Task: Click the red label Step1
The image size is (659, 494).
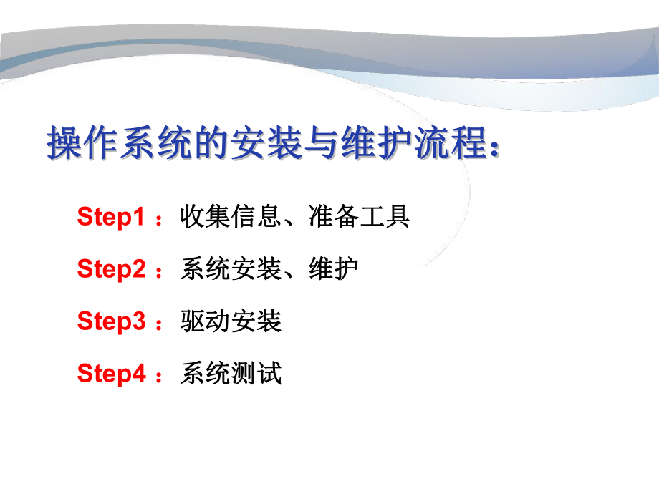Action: pos(111,217)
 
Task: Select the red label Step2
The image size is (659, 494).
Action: pos(111,269)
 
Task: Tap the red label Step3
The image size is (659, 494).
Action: pos(111,321)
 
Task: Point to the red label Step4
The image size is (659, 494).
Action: pos(111,374)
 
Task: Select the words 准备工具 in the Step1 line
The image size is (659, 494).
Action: pos(360,216)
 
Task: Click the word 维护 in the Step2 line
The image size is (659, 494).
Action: pos(334,268)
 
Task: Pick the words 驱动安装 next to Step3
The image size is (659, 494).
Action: pos(231,321)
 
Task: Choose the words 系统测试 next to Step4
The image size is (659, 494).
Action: pos(231,373)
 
